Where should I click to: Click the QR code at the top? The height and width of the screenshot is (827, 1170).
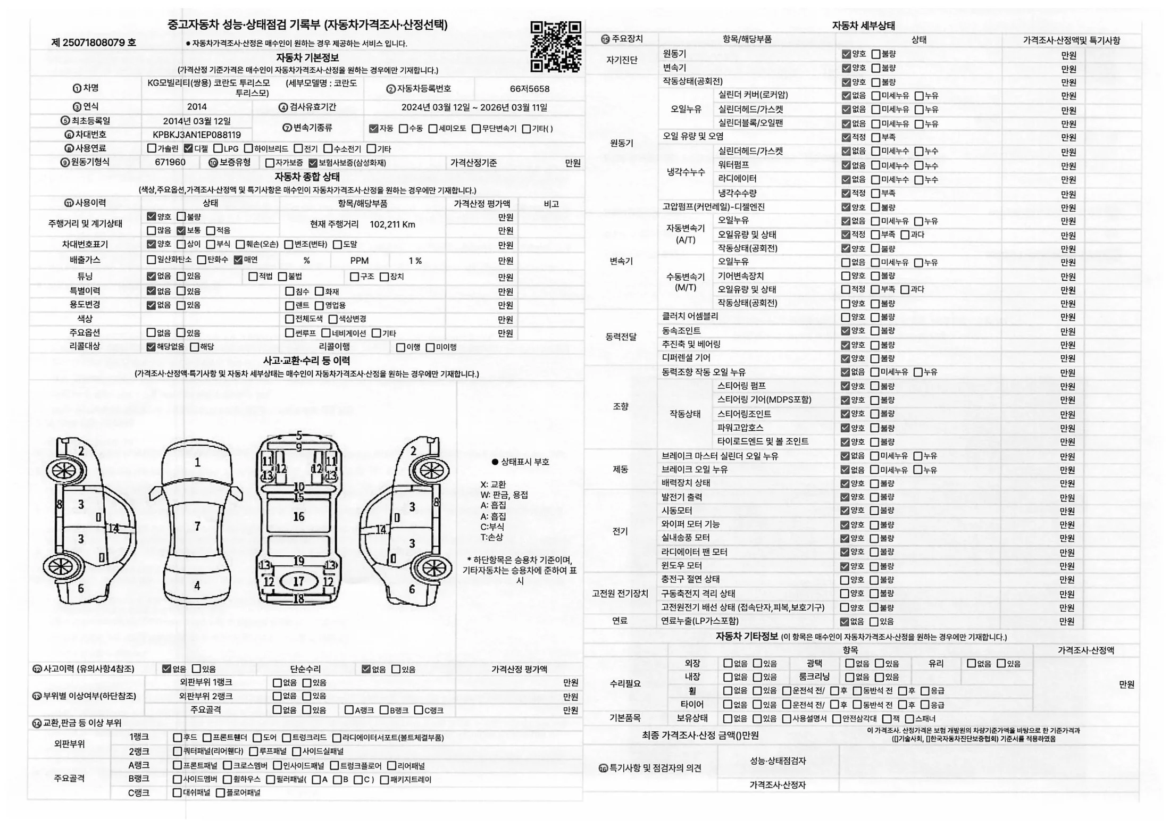[555, 46]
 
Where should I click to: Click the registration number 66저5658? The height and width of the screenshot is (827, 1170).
[529, 89]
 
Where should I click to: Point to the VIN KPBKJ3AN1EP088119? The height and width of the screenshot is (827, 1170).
[197, 135]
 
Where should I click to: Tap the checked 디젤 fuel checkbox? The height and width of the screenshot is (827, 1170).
[188, 148]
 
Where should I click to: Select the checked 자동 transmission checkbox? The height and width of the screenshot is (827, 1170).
[373, 129]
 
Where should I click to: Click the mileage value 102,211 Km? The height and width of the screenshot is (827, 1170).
[392, 224]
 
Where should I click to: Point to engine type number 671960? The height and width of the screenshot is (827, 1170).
[170, 162]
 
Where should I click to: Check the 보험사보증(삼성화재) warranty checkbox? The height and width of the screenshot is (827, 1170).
[313, 163]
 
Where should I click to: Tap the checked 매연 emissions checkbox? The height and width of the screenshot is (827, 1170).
[238, 260]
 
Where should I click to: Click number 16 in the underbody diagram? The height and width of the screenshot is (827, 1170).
[299, 516]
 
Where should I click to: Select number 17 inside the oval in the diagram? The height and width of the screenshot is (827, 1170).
[298, 581]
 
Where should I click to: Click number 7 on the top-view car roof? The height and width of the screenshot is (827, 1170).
[197, 527]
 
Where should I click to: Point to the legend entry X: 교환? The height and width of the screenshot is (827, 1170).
[493, 484]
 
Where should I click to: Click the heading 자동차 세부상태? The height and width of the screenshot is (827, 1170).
[863, 26]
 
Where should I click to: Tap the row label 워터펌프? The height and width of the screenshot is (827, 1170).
[733, 165]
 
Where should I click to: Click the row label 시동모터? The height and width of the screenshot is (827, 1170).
[676, 511]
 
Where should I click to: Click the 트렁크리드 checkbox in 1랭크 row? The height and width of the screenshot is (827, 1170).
[287, 738]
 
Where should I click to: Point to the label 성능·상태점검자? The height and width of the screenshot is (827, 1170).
[778, 761]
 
